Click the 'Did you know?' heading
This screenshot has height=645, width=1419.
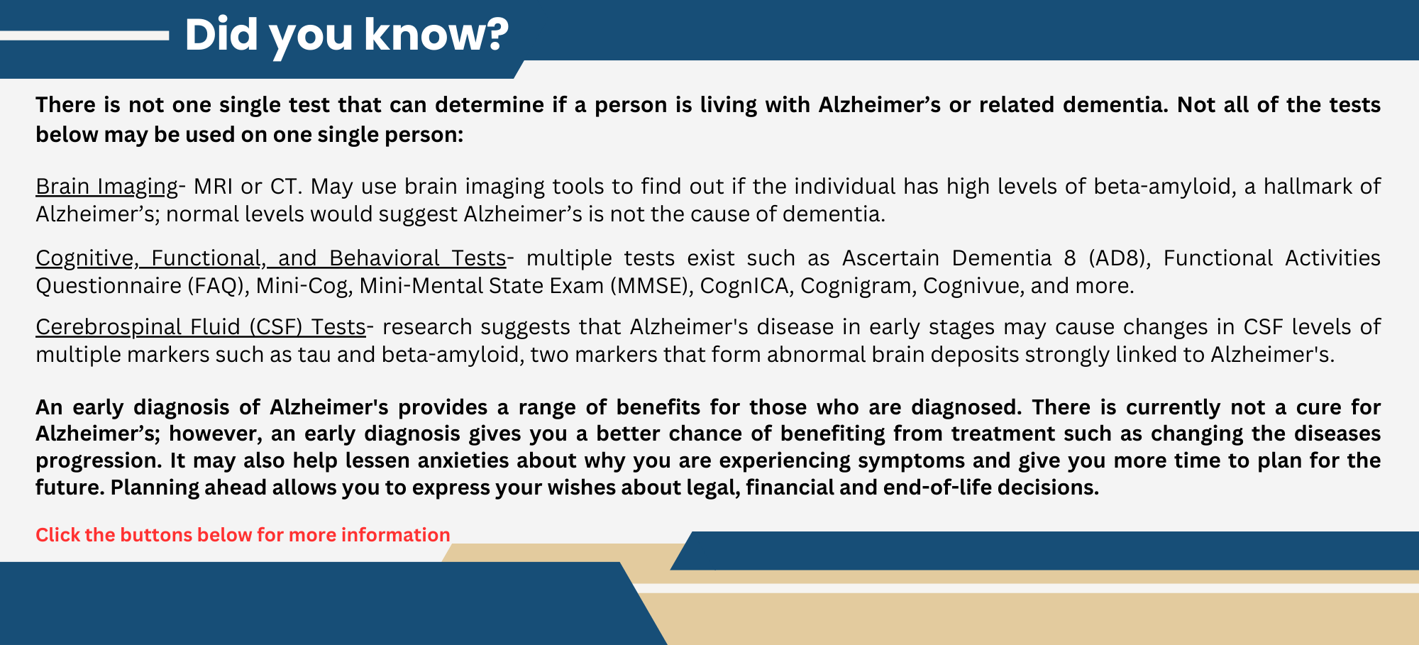[x=346, y=34]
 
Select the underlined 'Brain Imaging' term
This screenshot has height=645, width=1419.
[x=106, y=187]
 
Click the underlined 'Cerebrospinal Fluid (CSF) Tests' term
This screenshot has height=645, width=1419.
[x=201, y=327]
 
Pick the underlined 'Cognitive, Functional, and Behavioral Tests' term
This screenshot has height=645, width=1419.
[x=270, y=258]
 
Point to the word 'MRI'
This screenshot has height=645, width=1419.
[x=213, y=187]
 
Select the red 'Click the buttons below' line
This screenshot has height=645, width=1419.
[x=243, y=535]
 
